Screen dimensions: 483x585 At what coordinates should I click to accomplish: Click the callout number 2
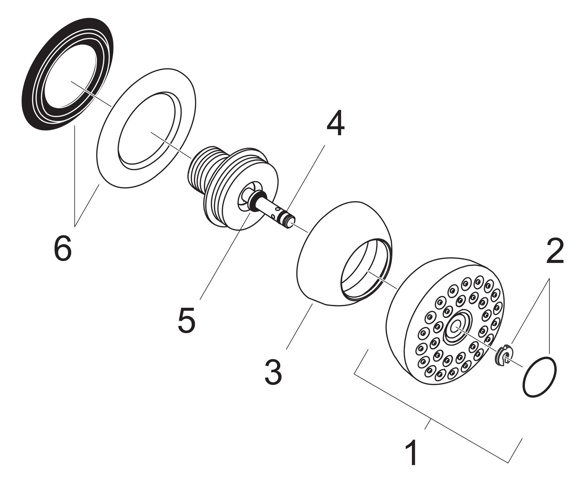point(555,251)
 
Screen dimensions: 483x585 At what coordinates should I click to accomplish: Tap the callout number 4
point(335,124)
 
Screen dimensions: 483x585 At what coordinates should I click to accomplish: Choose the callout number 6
point(63,249)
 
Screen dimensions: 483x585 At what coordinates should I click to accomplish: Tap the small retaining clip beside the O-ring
point(504,355)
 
